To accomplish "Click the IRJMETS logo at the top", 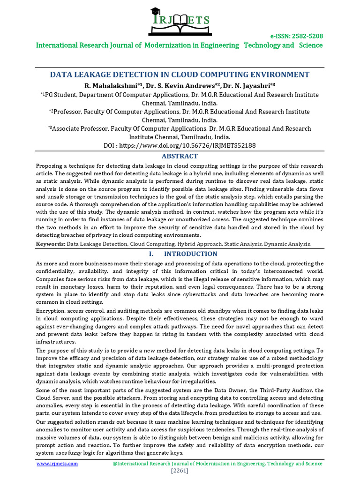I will tap(180, 22).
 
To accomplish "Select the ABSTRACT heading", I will tap(180, 156).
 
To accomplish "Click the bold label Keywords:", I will tap(51, 244).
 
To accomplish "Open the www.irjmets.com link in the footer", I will tap(57, 464).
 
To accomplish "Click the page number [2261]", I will tap(180, 471).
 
